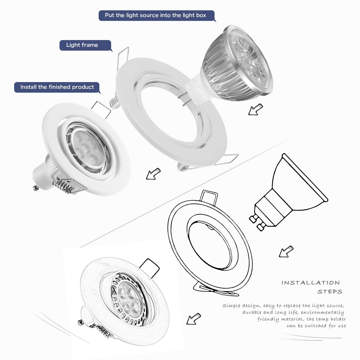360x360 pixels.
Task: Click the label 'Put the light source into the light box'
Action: point(155,15)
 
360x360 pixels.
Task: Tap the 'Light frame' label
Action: point(82,45)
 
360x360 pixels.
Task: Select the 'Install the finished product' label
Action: point(57,87)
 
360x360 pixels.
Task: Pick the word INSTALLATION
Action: point(310,283)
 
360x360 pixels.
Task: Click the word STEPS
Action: point(329,292)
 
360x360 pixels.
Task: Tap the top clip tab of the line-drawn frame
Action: point(209,196)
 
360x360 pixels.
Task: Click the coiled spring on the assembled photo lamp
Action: point(64,186)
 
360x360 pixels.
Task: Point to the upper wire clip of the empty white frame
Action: point(123,56)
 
